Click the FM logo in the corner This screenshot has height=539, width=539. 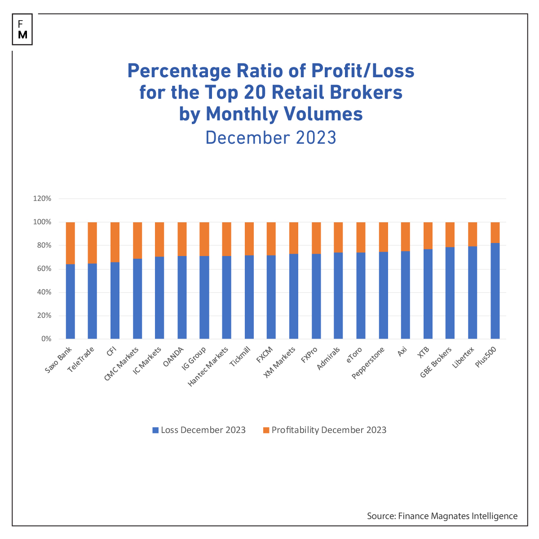tap(22, 29)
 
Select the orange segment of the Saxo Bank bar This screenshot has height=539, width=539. tap(70, 243)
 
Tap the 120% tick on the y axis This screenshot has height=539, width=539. tap(42, 199)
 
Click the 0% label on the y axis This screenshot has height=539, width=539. tap(46, 339)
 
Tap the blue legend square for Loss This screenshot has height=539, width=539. tap(155, 430)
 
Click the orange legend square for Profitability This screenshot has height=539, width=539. tap(266, 430)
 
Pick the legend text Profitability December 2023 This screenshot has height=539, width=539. tap(329, 430)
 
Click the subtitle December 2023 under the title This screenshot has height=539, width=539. tap(271, 137)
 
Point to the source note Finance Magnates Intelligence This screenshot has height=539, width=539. tap(442, 516)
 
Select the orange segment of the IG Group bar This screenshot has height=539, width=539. tap(204, 239)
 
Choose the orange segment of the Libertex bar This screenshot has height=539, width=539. tap(473, 234)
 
